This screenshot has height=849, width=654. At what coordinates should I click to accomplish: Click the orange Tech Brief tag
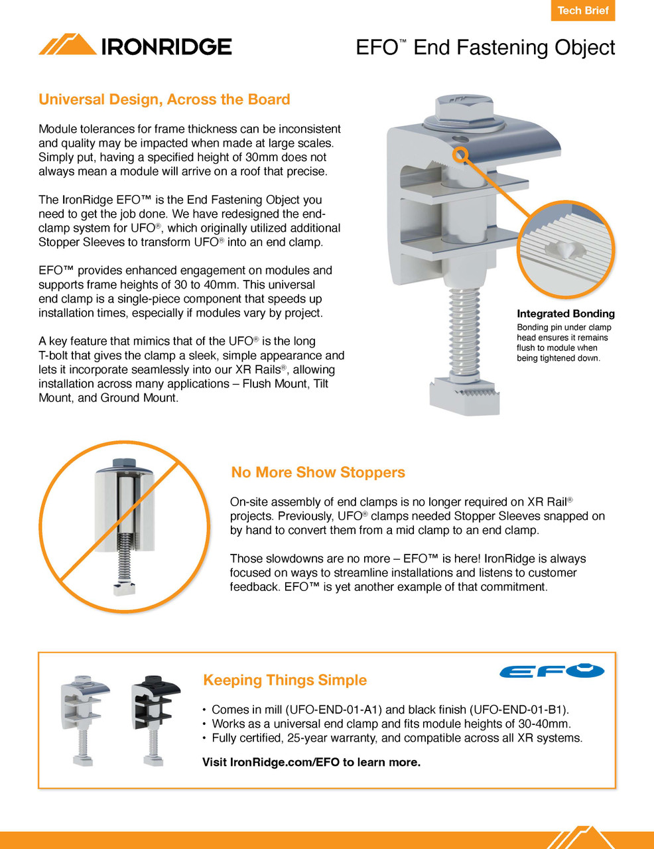[582, 11]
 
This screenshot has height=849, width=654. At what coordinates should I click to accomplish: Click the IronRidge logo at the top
[135, 45]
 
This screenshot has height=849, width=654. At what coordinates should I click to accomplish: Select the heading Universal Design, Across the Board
[164, 99]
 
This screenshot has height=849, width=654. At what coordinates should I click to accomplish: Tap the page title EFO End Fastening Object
[485, 48]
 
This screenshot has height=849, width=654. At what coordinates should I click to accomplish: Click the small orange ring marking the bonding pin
[460, 155]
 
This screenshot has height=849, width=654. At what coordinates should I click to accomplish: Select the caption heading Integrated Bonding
[565, 314]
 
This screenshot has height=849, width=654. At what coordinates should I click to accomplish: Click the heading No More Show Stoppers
[318, 472]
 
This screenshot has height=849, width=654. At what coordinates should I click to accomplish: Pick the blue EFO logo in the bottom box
[552, 671]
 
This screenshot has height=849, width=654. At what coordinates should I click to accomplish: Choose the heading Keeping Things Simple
[285, 680]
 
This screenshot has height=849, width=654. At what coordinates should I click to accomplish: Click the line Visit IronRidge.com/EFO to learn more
[311, 762]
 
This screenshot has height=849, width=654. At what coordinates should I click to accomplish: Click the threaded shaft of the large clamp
[464, 332]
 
